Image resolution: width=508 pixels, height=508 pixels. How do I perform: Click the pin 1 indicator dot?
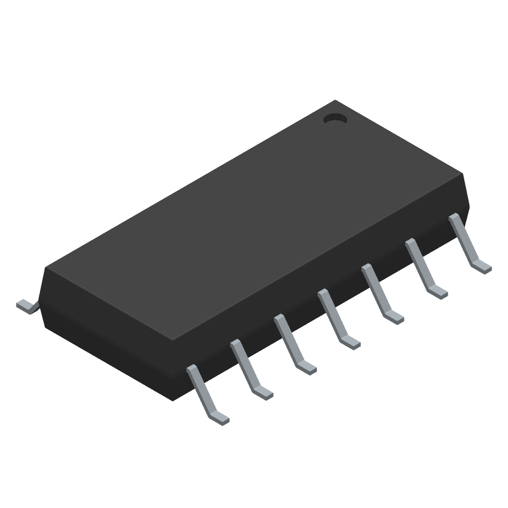334,118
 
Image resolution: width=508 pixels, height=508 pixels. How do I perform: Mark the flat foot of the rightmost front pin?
481,265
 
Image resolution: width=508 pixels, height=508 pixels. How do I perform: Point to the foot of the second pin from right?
438,291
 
